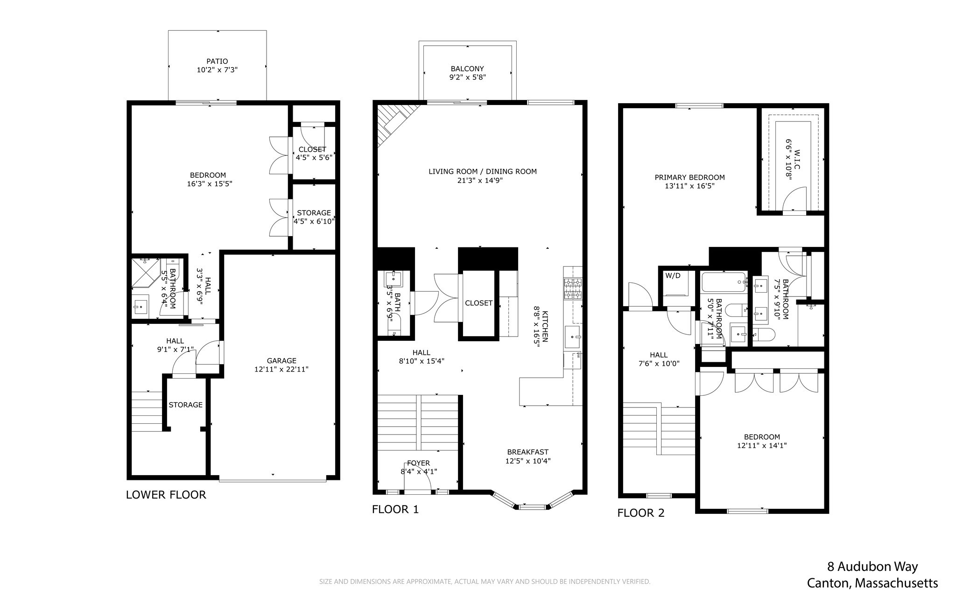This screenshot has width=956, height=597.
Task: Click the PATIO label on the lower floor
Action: (217, 61)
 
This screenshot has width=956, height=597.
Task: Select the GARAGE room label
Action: (281, 360)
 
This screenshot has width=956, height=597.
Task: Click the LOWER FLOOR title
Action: (166, 495)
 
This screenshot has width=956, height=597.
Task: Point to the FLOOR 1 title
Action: (395, 509)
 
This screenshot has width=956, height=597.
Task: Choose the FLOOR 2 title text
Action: (640, 513)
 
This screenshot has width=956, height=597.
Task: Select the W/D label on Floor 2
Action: (673, 275)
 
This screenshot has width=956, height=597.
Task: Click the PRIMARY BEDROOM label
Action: (689, 177)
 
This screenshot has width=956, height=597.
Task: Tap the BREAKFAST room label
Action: (527, 452)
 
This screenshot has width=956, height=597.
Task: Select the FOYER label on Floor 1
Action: (418, 463)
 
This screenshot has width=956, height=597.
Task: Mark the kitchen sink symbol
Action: (572, 336)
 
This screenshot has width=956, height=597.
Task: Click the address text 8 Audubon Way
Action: (872, 567)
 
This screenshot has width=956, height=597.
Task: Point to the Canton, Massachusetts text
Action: (872, 583)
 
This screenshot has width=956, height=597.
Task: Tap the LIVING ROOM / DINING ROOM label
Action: (482, 171)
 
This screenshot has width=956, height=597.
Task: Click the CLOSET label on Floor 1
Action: (478, 303)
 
